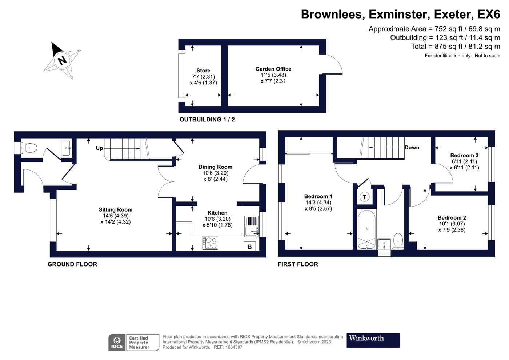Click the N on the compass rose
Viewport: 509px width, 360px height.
point(62,60)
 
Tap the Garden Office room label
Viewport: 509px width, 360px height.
point(273,69)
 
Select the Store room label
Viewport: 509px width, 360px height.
point(203,71)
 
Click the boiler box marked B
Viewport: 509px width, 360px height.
point(249,247)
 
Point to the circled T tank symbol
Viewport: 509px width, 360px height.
point(364,197)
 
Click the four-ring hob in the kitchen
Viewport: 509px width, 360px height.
point(210,243)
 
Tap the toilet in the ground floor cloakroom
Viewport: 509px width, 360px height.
point(29,148)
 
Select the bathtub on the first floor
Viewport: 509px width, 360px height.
point(366,229)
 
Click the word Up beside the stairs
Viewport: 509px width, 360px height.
point(99,148)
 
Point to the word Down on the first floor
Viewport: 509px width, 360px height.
point(412,148)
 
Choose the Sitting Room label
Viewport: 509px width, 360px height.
point(116,209)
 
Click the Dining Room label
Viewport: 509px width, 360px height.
point(215,167)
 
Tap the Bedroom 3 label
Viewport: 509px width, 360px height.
point(464,156)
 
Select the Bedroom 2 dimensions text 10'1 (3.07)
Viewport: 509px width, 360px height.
point(452,224)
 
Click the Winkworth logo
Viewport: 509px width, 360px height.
point(373,340)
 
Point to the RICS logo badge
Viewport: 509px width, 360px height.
point(117,342)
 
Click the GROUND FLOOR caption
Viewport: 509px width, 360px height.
point(72,264)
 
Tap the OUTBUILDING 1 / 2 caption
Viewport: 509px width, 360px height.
point(207,120)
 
